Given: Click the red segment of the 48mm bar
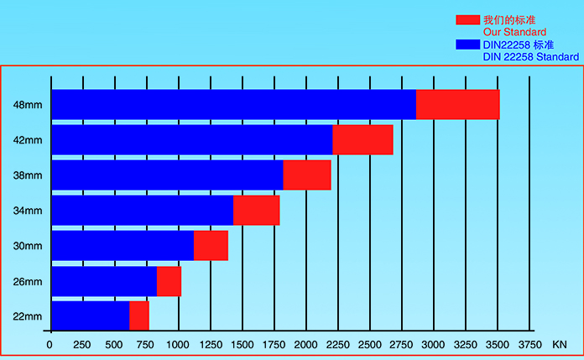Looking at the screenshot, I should [x=457, y=105].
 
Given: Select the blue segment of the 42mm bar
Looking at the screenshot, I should [x=191, y=140].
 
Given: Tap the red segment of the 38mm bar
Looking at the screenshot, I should [x=307, y=175].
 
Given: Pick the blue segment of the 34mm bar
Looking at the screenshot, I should [x=142, y=211].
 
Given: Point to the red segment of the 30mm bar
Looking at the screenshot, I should [x=211, y=246].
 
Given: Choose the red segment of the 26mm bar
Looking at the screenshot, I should [x=169, y=281].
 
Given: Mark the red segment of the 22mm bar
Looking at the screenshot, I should [x=138, y=316].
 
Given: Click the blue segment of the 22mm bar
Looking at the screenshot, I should [x=90, y=316].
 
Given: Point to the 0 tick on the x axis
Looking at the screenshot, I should [x=50, y=344].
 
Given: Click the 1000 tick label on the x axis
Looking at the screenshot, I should [x=178, y=344].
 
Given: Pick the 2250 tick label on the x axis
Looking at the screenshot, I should [x=337, y=344].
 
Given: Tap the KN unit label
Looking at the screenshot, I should [x=560, y=344].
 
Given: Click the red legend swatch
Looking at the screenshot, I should [x=467, y=19].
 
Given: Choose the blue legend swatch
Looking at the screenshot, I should [x=467, y=44].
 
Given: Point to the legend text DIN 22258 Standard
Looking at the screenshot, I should [x=530, y=56].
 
